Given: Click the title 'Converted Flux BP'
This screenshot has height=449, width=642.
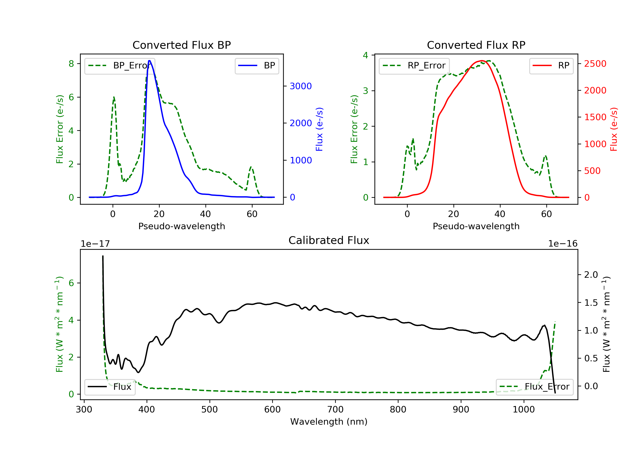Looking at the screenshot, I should pyautogui.click(x=181, y=45).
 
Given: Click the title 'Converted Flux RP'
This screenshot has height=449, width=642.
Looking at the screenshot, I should pyautogui.click(x=476, y=45).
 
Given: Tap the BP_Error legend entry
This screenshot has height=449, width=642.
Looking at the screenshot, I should pyautogui.click(x=120, y=66).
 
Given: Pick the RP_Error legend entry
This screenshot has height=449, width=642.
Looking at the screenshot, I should pyautogui.click(x=414, y=66).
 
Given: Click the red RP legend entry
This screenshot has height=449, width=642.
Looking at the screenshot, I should pyautogui.click(x=551, y=66).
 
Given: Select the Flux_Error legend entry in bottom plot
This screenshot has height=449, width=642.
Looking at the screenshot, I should pyautogui.click(x=534, y=387).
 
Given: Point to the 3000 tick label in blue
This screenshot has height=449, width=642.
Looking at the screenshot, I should pyautogui.click(x=301, y=86).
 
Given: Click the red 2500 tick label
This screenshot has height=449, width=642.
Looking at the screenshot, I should pyautogui.click(x=595, y=64).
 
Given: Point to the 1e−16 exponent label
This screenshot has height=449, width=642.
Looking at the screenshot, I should pyautogui.click(x=563, y=244).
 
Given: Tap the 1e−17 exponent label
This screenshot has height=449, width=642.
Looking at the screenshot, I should pyautogui.click(x=95, y=244).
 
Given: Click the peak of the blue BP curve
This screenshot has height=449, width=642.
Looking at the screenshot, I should pyautogui.click(x=150, y=61).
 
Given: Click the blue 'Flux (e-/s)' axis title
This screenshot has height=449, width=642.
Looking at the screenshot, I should pyautogui.click(x=319, y=129).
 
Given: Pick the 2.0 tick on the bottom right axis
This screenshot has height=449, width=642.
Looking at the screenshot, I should pyautogui.click(x=591, y=275).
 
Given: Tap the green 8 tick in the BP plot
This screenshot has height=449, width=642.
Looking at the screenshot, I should pyautogui.click(x=71, y=64).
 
